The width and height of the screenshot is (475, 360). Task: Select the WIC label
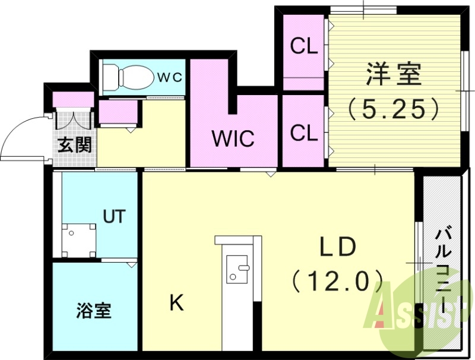click(233, 139)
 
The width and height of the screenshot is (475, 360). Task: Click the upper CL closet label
click(304, 46)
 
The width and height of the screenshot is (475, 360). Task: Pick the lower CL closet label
click(304, 132)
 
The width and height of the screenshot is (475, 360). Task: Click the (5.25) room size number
click(393, 108)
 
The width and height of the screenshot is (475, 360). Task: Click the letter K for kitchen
click(176, 304)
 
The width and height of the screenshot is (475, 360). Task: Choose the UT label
click(115, 216)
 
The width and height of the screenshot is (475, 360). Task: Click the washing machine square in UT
click(79, 239)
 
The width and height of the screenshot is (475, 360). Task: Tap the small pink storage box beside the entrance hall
click(118, 113)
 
